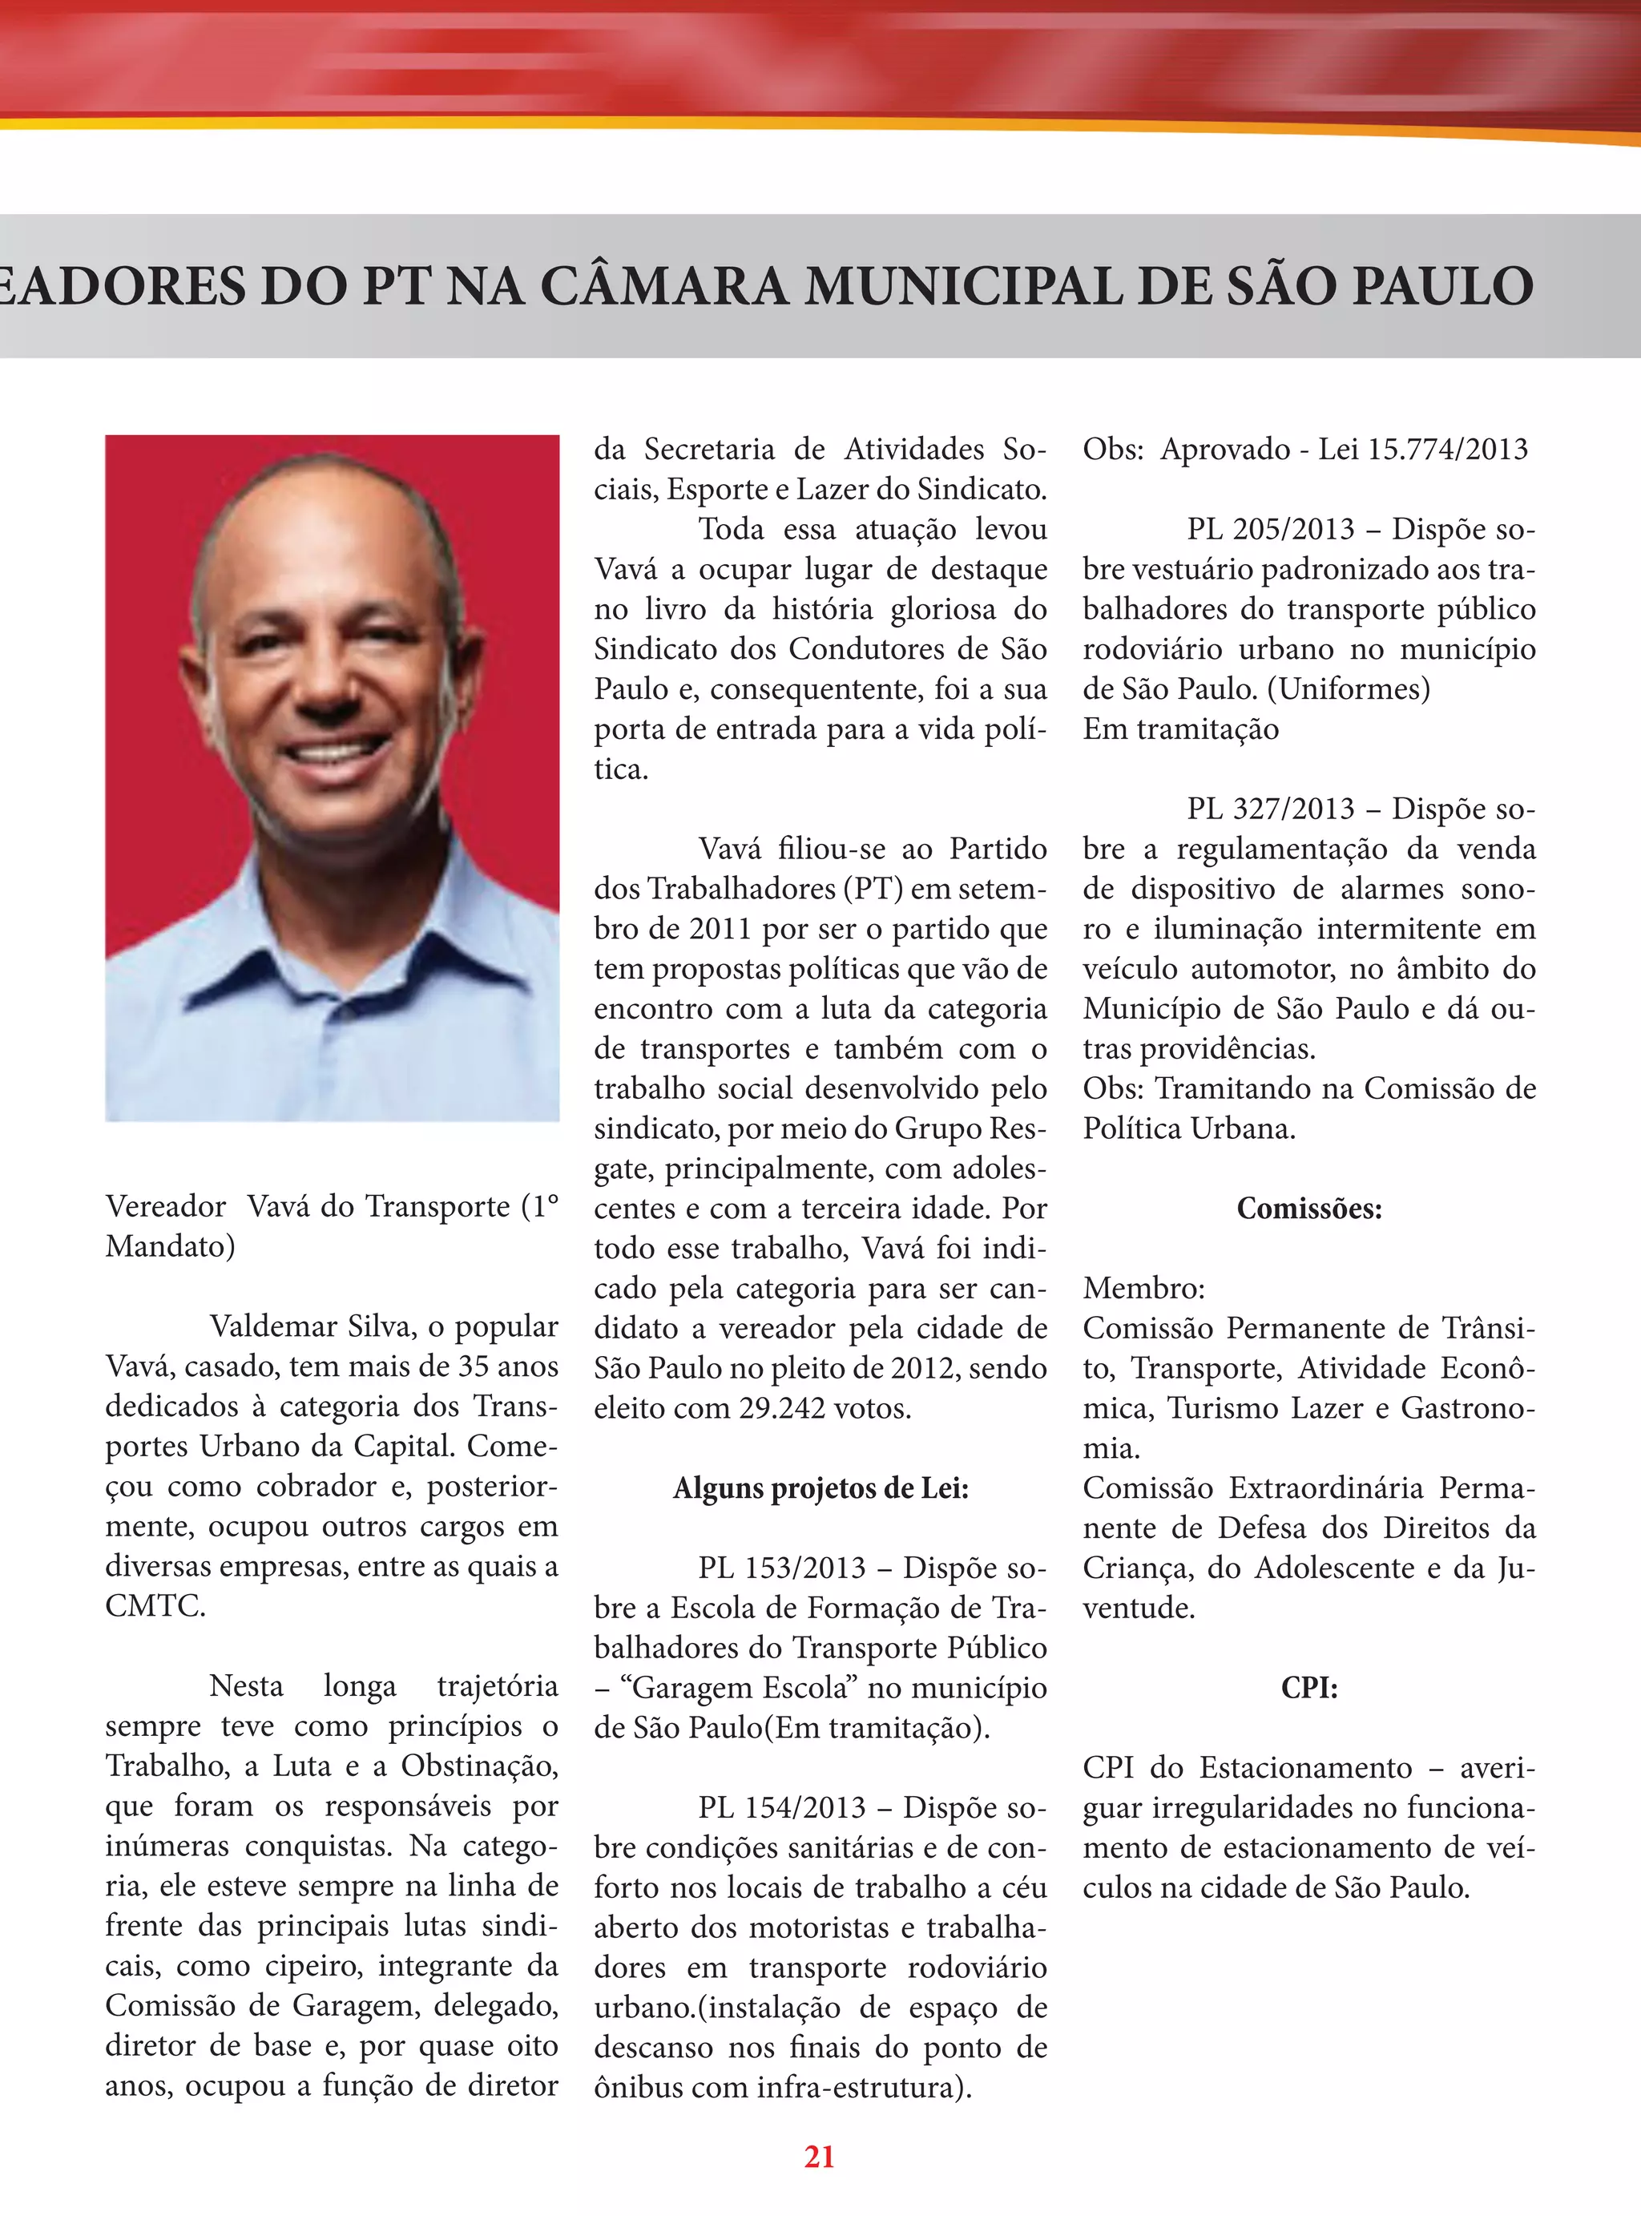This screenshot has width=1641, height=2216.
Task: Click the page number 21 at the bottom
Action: pos(819,2157)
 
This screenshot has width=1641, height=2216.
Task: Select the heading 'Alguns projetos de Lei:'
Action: pos(820,1488)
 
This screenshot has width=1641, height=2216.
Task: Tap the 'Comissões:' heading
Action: pos(1308,1209)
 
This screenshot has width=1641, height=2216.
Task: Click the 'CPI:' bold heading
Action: pos(1308,1688)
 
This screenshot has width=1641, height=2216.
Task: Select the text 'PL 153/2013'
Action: pos(782,1568)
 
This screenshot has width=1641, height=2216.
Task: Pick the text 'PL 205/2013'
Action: pos(1271,530)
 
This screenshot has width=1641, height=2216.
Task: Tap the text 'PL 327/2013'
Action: pos(1271,809)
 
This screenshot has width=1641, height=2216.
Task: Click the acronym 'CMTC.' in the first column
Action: pos(155,1606)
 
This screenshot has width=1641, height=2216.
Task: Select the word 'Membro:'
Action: pos(1143,1288)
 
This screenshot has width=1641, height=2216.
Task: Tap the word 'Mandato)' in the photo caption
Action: pos(170,1246)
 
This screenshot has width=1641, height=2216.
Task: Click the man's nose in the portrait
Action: pos(333,685)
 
